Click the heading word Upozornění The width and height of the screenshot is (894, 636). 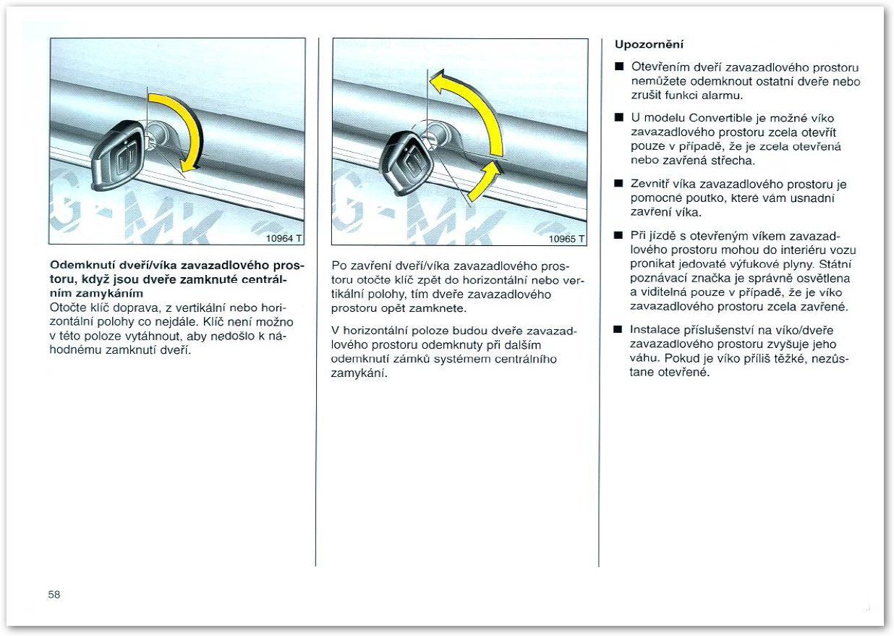[649, 44]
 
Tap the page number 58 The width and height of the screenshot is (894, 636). [54, 595]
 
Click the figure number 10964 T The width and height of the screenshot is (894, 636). [284, 238]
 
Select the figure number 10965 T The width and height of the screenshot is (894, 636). [566, 239]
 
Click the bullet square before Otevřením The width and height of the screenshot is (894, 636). [619, 67]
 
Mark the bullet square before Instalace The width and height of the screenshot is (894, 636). [618, 329]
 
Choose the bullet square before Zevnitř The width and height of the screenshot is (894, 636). [618, 183]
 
